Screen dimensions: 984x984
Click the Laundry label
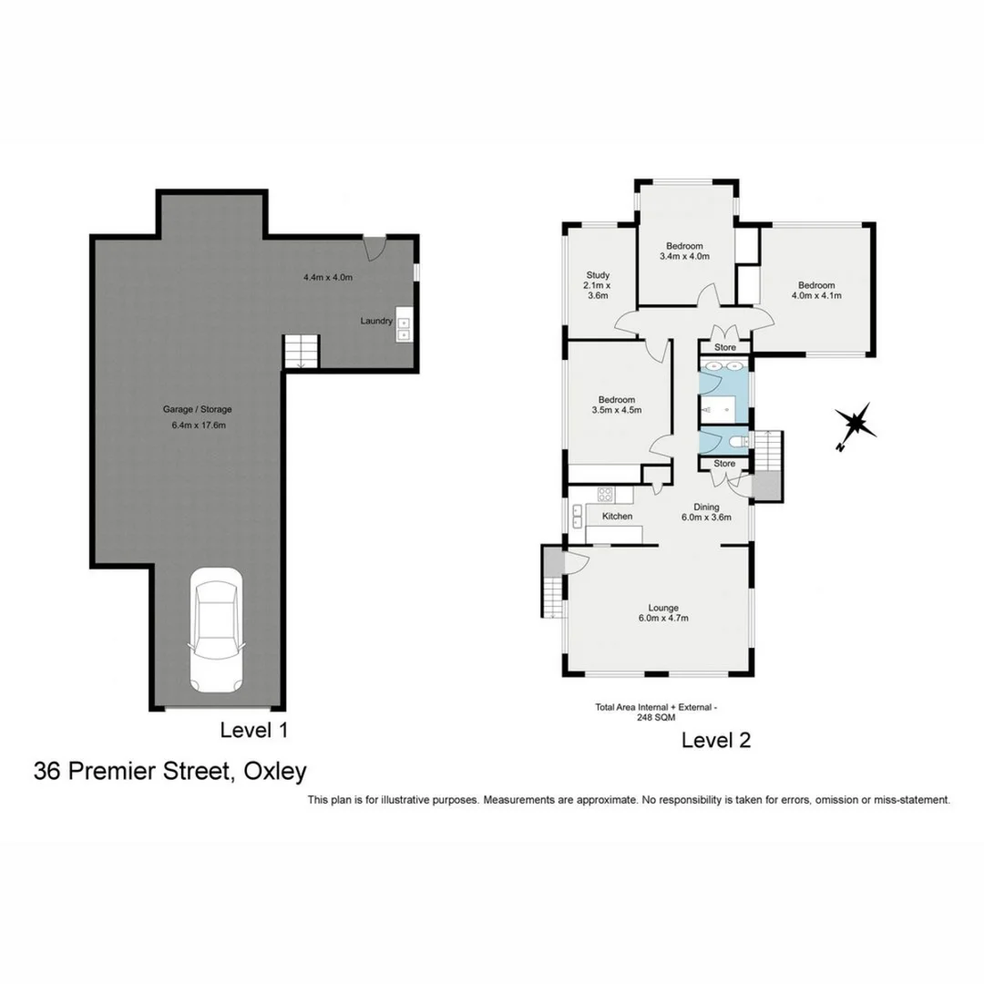(376, 321)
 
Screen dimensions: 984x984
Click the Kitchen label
(617, 517)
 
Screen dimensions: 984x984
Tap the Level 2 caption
(716, 741)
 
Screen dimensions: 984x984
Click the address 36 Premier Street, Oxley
(170, 772)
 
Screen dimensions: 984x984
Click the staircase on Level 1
(302, 352)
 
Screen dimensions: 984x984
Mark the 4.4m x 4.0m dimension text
(328, 277)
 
